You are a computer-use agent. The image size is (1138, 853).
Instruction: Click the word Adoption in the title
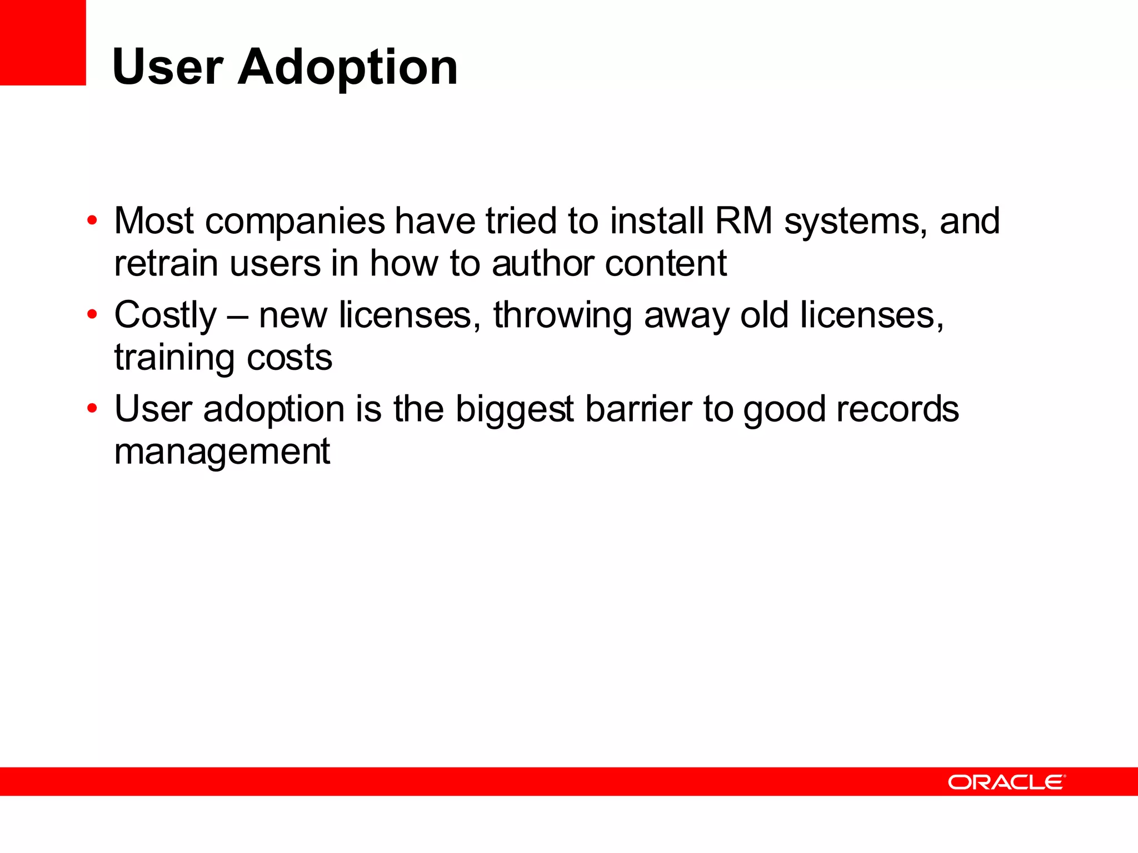coord(348,67)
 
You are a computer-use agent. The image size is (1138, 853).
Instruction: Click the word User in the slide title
coord(167,67)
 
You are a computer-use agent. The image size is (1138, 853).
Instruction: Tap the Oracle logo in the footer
coord(1006,782)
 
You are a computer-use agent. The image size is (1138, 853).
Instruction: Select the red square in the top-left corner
coord(43,42)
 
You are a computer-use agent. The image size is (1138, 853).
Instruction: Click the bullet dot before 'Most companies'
coord(92,220)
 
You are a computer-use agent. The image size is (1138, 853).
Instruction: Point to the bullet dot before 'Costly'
coord(92,315)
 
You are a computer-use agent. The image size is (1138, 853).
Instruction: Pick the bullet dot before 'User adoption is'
coord(92,409)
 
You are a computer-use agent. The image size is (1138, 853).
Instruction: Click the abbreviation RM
coord(743,220)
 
